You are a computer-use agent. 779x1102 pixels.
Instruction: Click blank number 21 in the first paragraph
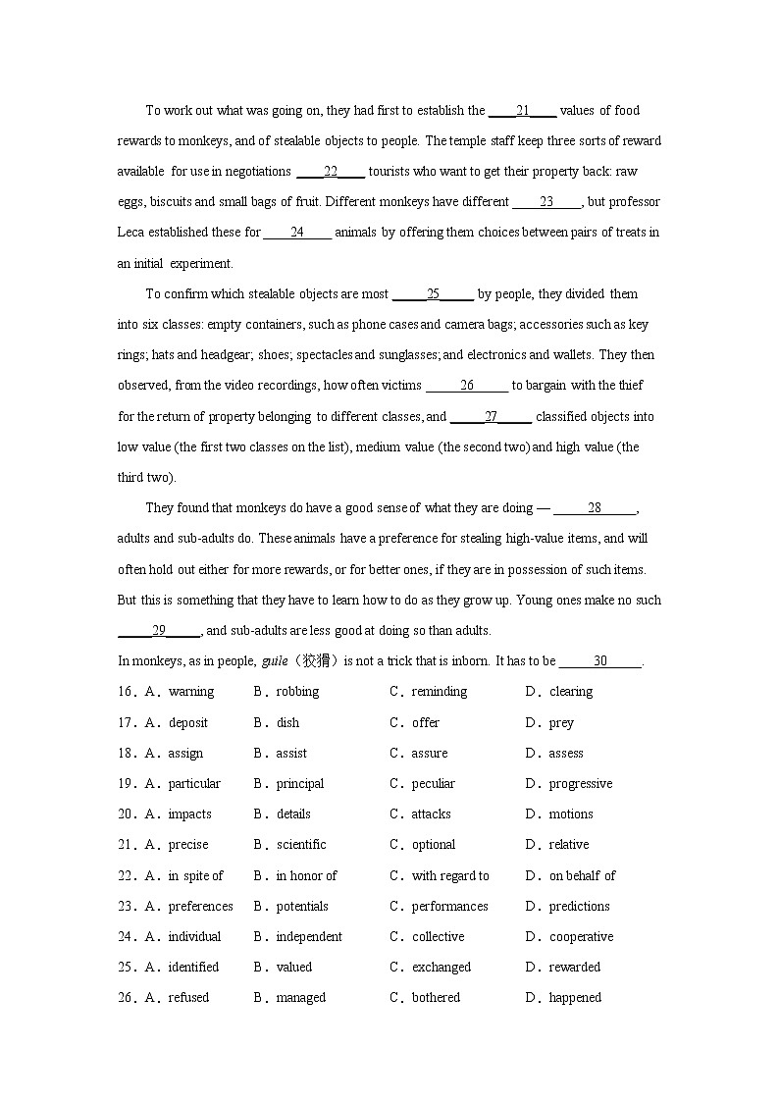[x=523, y=111]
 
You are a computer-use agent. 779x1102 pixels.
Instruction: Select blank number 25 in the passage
[x=433, y=294]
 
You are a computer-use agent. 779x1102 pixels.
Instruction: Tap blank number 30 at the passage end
[x=600, y=661]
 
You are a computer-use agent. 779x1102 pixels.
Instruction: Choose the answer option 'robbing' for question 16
[x=297, y=692]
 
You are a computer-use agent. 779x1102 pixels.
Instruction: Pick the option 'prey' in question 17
[x=561, y=723]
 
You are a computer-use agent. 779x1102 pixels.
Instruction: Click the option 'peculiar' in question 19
[x=433, y=784]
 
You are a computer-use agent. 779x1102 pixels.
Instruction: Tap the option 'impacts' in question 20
[x=189, y=814]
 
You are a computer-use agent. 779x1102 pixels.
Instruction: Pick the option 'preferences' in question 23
[x=200, y=907]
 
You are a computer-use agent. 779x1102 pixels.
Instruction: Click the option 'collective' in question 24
[x=438, y=937]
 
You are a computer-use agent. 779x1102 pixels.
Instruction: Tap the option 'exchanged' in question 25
[x=441, y=968]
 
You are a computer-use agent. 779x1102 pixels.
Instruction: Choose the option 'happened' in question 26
[x=575, y=998]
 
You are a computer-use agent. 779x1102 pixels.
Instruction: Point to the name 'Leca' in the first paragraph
[x=131, y=233]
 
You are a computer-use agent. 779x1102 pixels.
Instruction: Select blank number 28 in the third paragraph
[x=595, y=508]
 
